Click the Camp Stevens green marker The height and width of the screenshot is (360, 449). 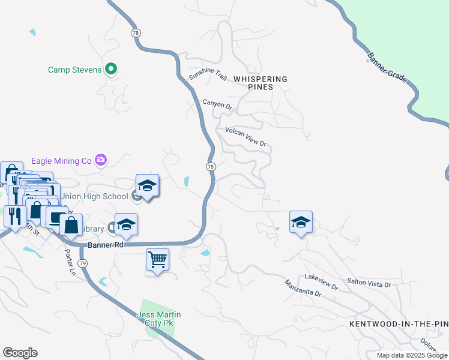coord(110,70)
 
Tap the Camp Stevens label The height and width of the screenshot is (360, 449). coord(75,70)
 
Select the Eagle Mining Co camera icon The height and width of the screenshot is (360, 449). coord(101,160)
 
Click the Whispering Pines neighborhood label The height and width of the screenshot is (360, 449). coord(260,83)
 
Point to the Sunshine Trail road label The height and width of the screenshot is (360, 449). coord(208,74)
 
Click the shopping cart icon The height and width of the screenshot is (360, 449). coord(157,260)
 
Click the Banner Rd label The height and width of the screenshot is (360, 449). coord(105,245)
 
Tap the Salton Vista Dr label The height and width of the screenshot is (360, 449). coord(369,281)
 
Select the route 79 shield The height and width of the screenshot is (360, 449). coord(83,263)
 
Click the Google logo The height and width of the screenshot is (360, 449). coord(20,353)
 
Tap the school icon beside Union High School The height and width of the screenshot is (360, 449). coord(147,187)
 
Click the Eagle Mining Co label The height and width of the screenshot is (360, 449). coord(61,160)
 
